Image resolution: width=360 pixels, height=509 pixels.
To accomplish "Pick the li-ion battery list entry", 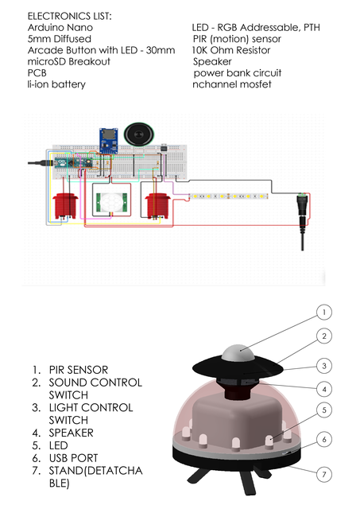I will [x=56, y=84].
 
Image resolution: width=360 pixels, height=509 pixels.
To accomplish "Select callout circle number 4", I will [x=323, y=389].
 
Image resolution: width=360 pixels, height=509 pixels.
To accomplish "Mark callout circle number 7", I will [x=323, y=475].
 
